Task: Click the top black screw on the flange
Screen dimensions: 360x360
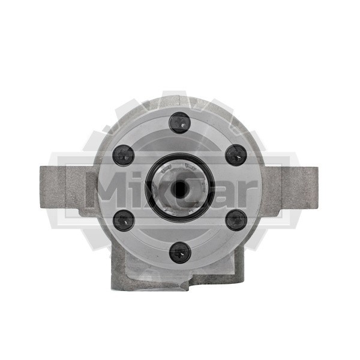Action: coord(179,122)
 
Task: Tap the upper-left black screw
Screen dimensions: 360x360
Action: coord(123,155)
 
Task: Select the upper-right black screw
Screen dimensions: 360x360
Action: coord(236,155)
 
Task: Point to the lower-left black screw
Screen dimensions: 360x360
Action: coord(124,220)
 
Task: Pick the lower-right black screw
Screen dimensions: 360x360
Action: coord(236,220)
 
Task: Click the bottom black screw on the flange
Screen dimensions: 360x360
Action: coord(180,253)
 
